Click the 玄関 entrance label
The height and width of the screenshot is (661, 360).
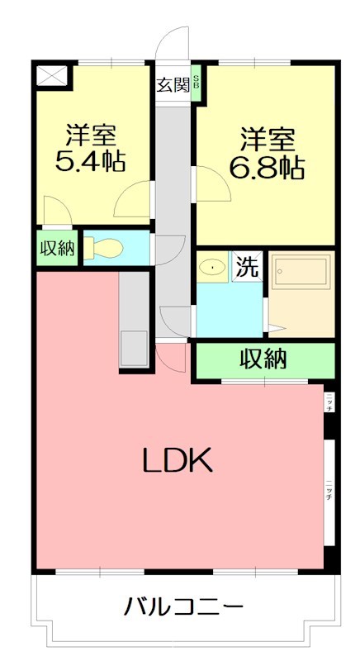[173, 83]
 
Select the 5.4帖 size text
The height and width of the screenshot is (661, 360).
[90, 161]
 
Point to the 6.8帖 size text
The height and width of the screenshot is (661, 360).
[267, 168]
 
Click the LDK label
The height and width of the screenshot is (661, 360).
[179, 460]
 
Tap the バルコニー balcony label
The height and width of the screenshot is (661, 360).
[183, 608]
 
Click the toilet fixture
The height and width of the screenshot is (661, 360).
[104, 248]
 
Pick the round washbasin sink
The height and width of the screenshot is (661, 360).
[212, 267]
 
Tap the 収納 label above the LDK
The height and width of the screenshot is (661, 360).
[264, 360]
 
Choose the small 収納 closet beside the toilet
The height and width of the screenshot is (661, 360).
[56, 249]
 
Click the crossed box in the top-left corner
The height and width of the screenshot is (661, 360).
[52, 76]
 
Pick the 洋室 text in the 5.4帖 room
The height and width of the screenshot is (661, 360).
[91, 132]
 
